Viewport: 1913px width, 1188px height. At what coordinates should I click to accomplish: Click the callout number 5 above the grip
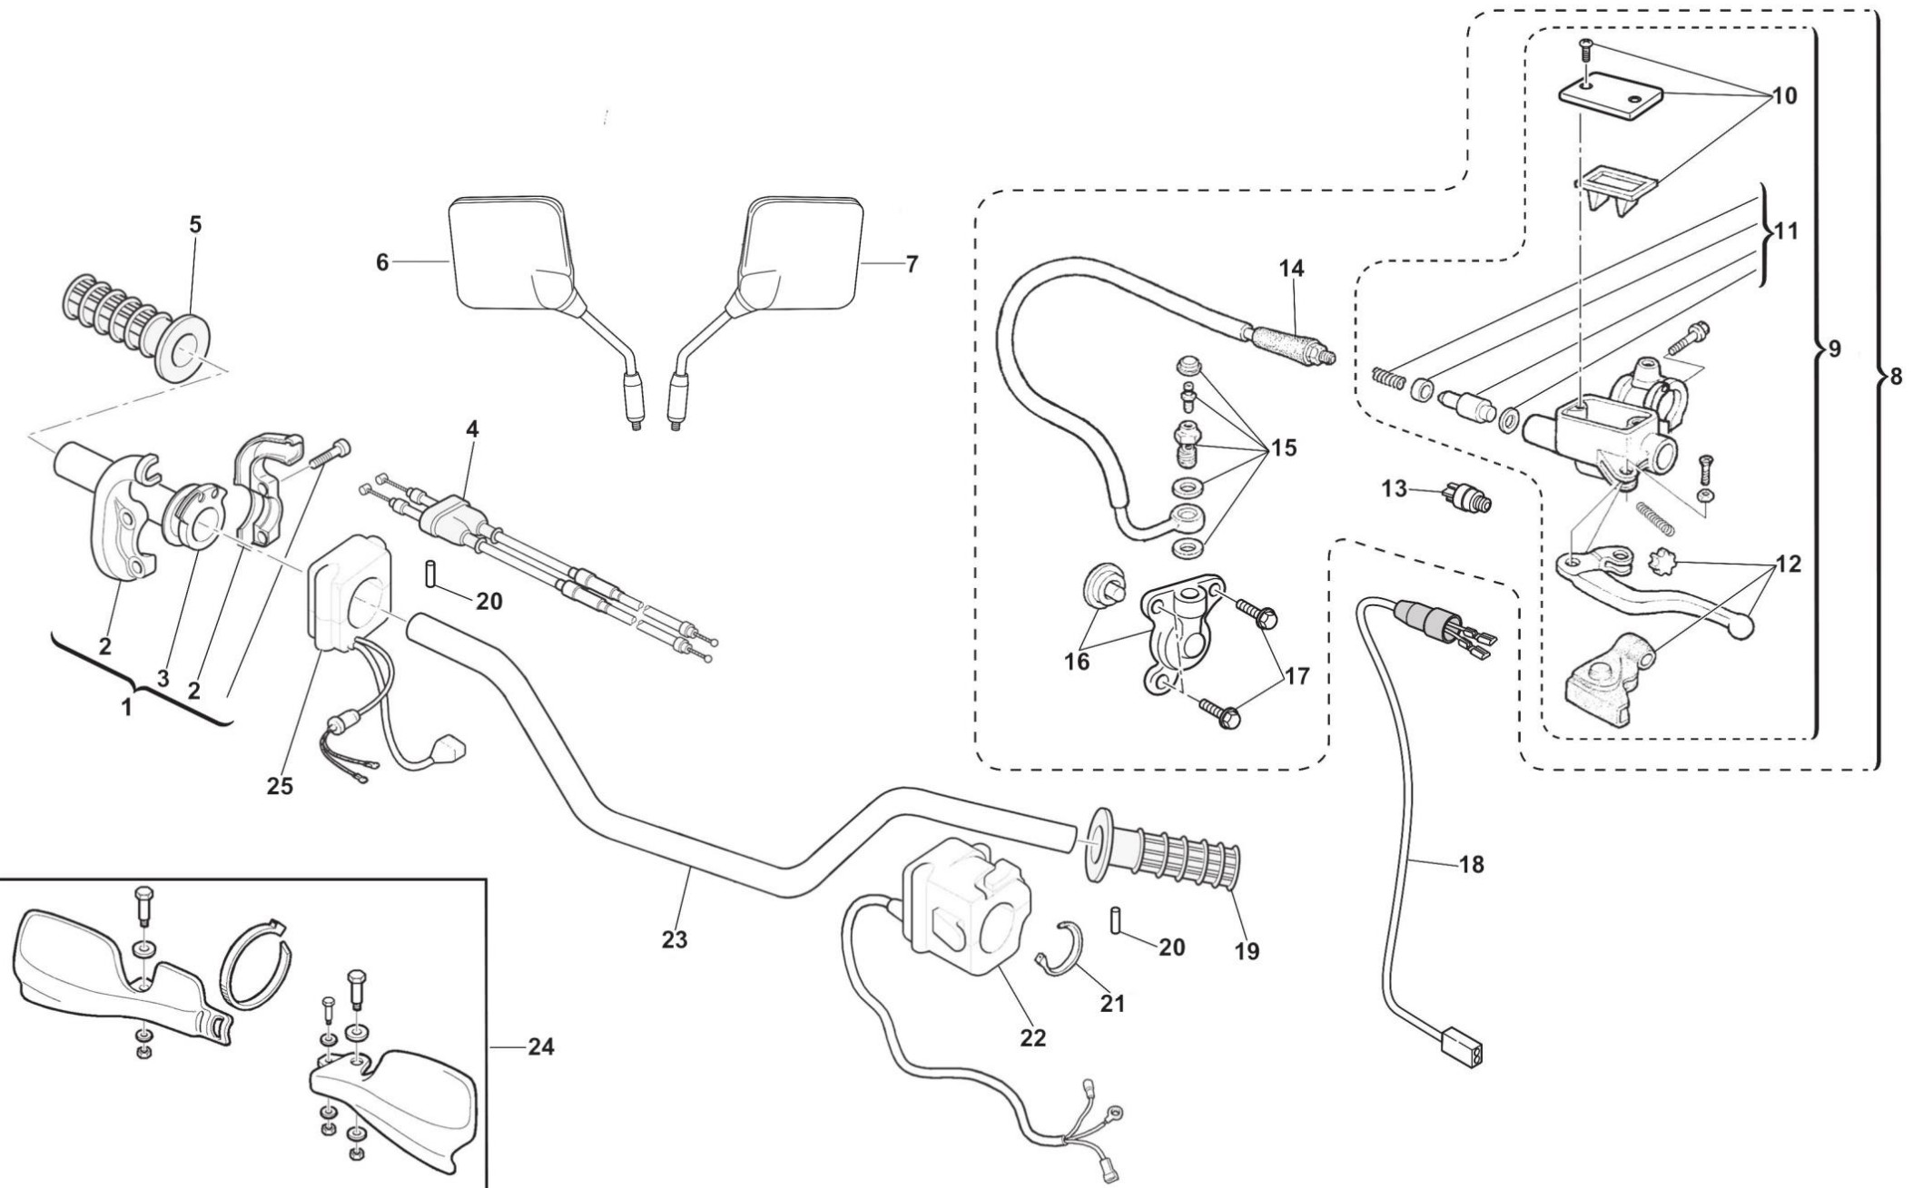point(195,224)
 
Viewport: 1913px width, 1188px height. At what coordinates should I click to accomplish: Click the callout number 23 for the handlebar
point(675,940)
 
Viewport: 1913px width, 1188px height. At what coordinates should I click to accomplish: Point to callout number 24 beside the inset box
point(540,1046)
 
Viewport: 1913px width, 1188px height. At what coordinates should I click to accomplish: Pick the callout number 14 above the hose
point(1291,268)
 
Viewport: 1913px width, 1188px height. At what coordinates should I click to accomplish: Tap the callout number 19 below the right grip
point(1247,951)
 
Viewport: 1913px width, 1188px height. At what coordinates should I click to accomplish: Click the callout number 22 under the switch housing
point(1032,1037)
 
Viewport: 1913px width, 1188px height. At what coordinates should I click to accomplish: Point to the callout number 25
point(280,786)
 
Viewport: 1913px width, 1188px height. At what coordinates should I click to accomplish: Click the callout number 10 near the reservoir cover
point(1784,95)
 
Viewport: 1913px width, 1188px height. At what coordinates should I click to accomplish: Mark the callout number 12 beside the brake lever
point(1788,564)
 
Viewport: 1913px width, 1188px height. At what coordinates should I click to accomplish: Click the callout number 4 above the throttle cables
point(472,429)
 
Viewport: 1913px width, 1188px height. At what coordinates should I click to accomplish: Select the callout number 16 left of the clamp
point(1077,662)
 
